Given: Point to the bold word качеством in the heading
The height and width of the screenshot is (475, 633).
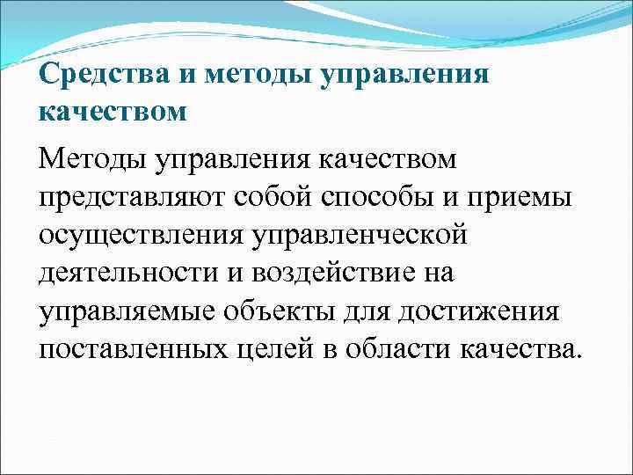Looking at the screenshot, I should pos(113,113).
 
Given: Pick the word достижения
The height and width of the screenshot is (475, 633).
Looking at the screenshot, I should pos(471,311).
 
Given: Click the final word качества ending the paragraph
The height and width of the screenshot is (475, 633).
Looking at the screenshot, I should pos(520,349).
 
